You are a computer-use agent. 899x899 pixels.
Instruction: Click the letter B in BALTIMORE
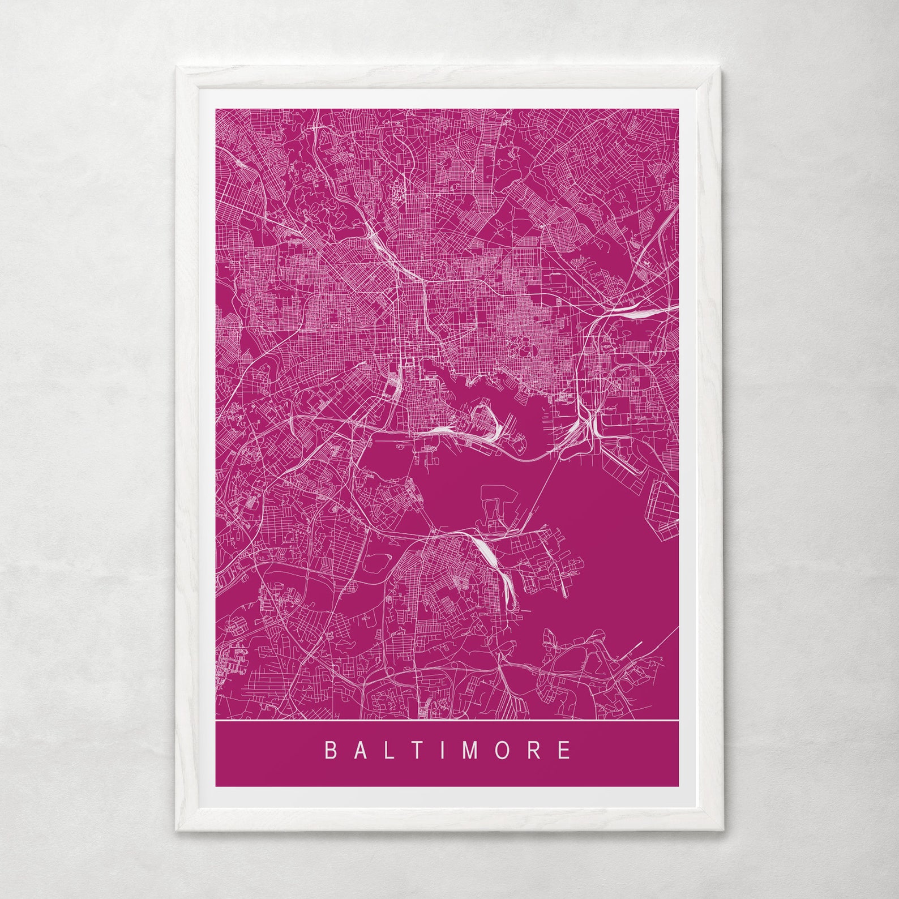pyautogui.click(x=331, y=751)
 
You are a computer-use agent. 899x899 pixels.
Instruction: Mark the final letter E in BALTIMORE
pyautogui.click(x=565, y=751)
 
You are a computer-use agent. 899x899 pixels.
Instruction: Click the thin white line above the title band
pyautogui.click(x=447, y=719)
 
